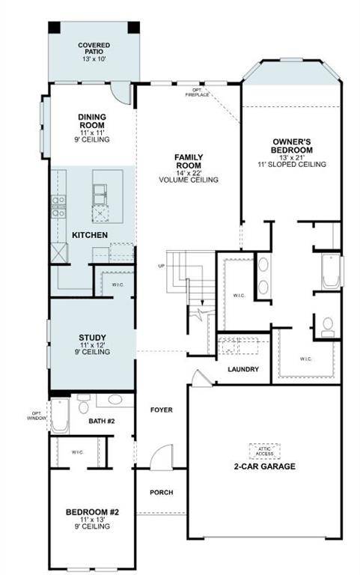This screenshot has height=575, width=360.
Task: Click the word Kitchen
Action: coord(90,236)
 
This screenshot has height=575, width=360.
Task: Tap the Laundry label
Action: coord(244,369)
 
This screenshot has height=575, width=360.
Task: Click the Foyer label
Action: coord(161,410)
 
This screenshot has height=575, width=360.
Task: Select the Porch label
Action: coord(161,492)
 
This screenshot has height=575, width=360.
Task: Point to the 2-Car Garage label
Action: coord(264,466)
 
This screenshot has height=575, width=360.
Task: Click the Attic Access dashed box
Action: coord(264,450)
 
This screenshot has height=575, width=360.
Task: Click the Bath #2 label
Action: coord(102,422)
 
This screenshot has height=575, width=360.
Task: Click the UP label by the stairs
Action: coord(161,267)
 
